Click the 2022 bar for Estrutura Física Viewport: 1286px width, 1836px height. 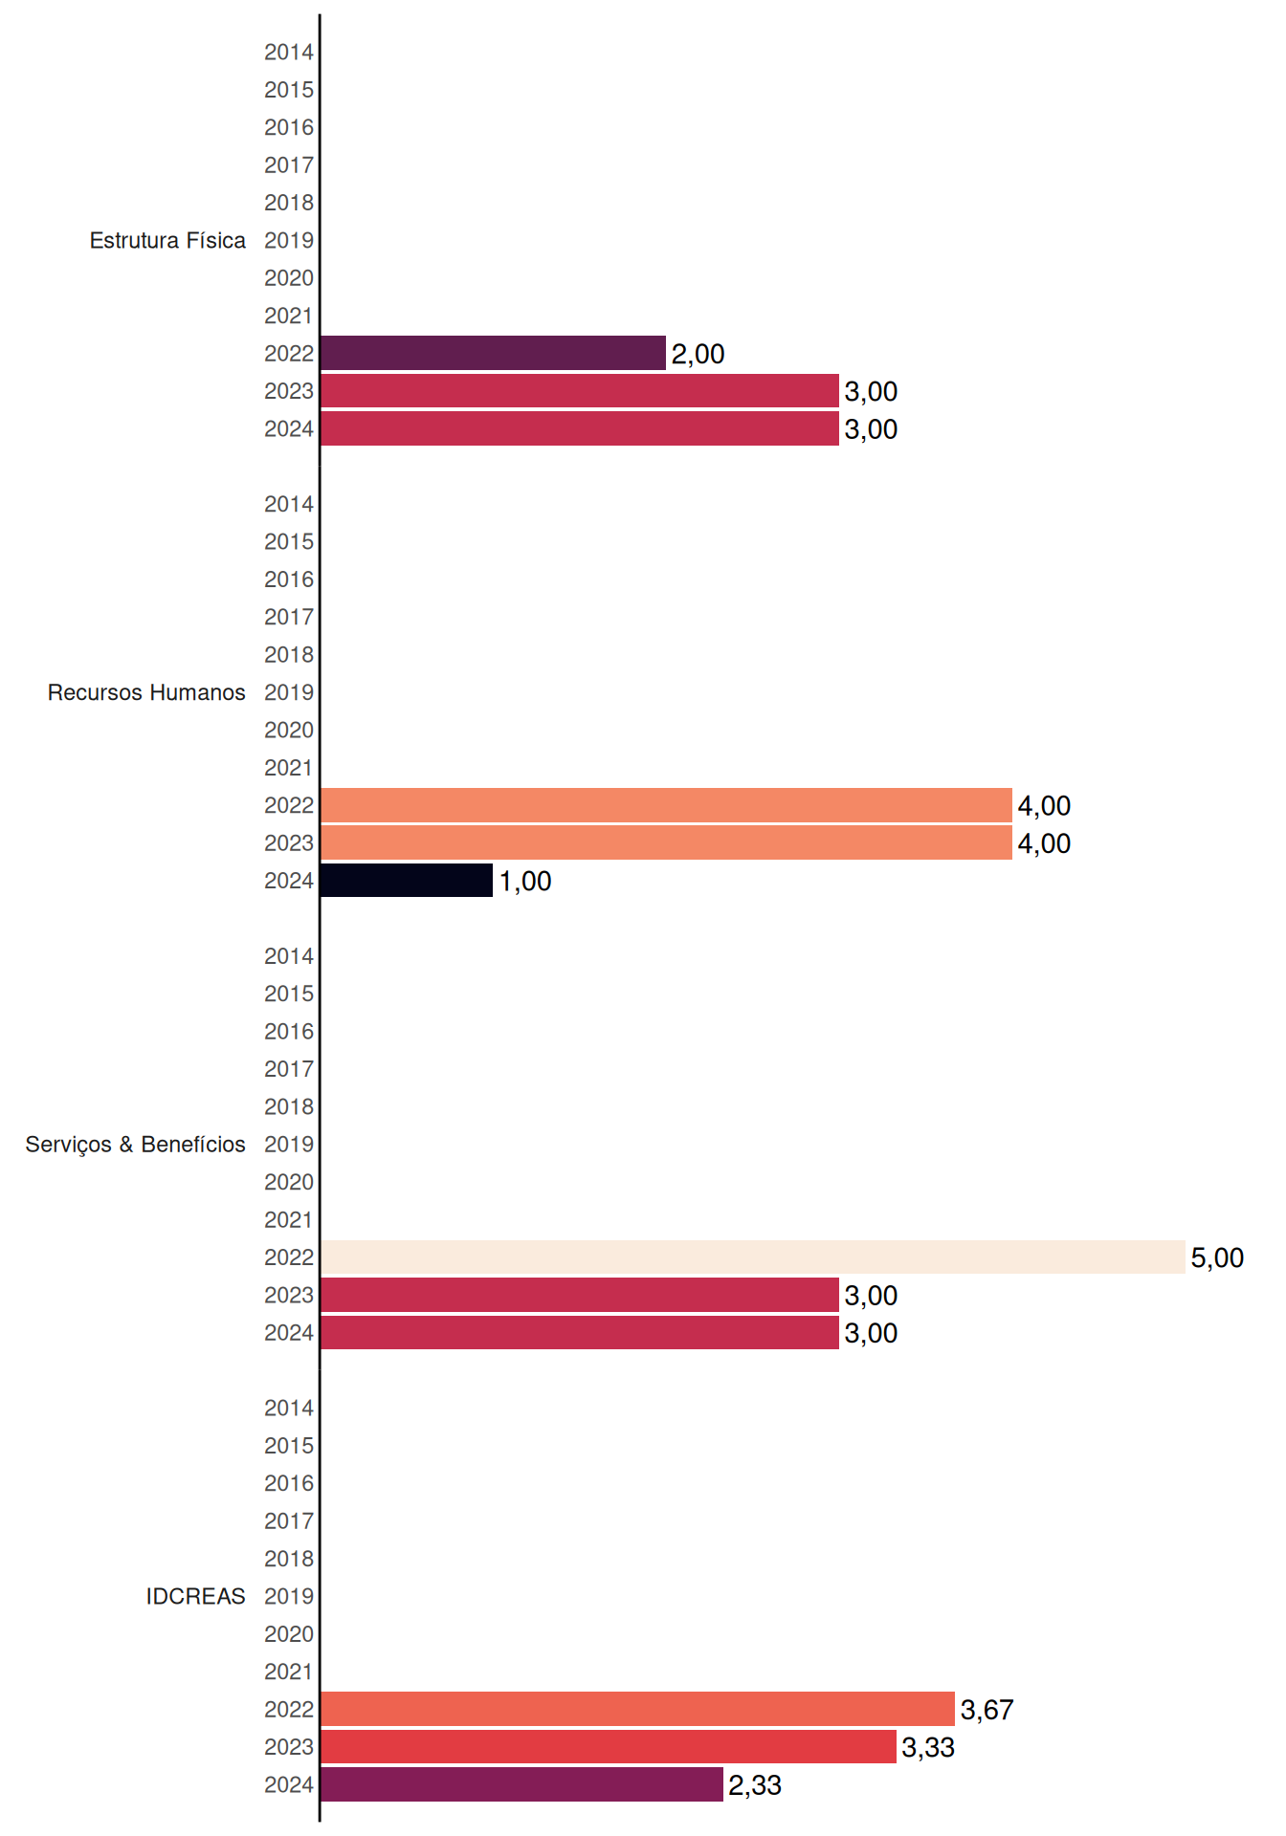(x=493, y=353)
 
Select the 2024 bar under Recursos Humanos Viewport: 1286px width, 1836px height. (x=407, y=881)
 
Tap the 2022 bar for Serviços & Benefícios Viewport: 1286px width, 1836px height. (x=753, y=1257)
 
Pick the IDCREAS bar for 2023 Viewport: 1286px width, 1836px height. (x=609, y=1747)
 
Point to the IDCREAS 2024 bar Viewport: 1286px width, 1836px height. (x=521, y=1784)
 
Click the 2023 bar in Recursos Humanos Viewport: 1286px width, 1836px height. (x=666, y=842)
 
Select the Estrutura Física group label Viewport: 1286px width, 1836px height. (x=167, y=240)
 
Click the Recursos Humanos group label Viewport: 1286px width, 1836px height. (x=146, y=692)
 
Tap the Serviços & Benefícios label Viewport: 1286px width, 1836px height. (x=135, y=1145)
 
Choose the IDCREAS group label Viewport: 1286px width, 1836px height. (x=195, y=1596)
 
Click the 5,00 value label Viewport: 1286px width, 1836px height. (x=1217, y=1257)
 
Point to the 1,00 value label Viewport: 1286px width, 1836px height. (x=525, y=881)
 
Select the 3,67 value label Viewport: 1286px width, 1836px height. (x=987, y=1710)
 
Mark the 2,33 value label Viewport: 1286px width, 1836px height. (x=755, y=1785)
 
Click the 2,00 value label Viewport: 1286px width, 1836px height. (x=698, y=354)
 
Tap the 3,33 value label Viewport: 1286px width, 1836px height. (x=928, y=1747)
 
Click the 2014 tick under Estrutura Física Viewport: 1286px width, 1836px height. (x=289, y=52)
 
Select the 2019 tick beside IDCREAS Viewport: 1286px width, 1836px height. (x=289, y=1596)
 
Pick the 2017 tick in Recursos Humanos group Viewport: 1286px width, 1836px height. (x=289, y=617)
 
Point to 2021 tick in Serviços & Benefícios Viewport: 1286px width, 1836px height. (x=289, y=1219)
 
